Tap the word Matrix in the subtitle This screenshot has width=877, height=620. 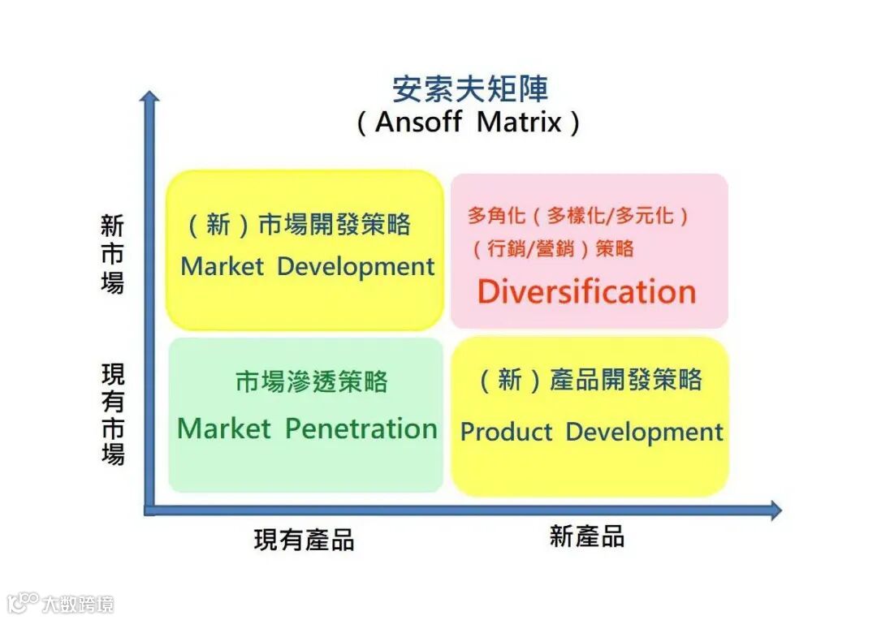[519, 123]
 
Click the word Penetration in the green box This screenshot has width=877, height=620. [361, 428]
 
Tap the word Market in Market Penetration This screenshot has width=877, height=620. [223, 428]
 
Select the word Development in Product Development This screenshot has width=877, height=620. [644, 432]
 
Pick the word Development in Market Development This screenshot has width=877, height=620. [356, 266]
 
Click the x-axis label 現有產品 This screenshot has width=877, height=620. [304, 540]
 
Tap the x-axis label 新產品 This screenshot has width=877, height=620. [586, 536]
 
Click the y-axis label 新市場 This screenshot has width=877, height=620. [112, 255]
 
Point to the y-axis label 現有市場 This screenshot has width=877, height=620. [112, 414]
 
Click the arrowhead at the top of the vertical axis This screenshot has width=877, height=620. [149, 97]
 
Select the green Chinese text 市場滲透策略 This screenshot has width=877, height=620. [312, 381]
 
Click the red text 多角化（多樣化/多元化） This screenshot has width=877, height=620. [577, 216]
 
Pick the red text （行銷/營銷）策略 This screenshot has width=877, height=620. [553, 248]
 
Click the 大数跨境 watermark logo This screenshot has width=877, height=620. [61, 603]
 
